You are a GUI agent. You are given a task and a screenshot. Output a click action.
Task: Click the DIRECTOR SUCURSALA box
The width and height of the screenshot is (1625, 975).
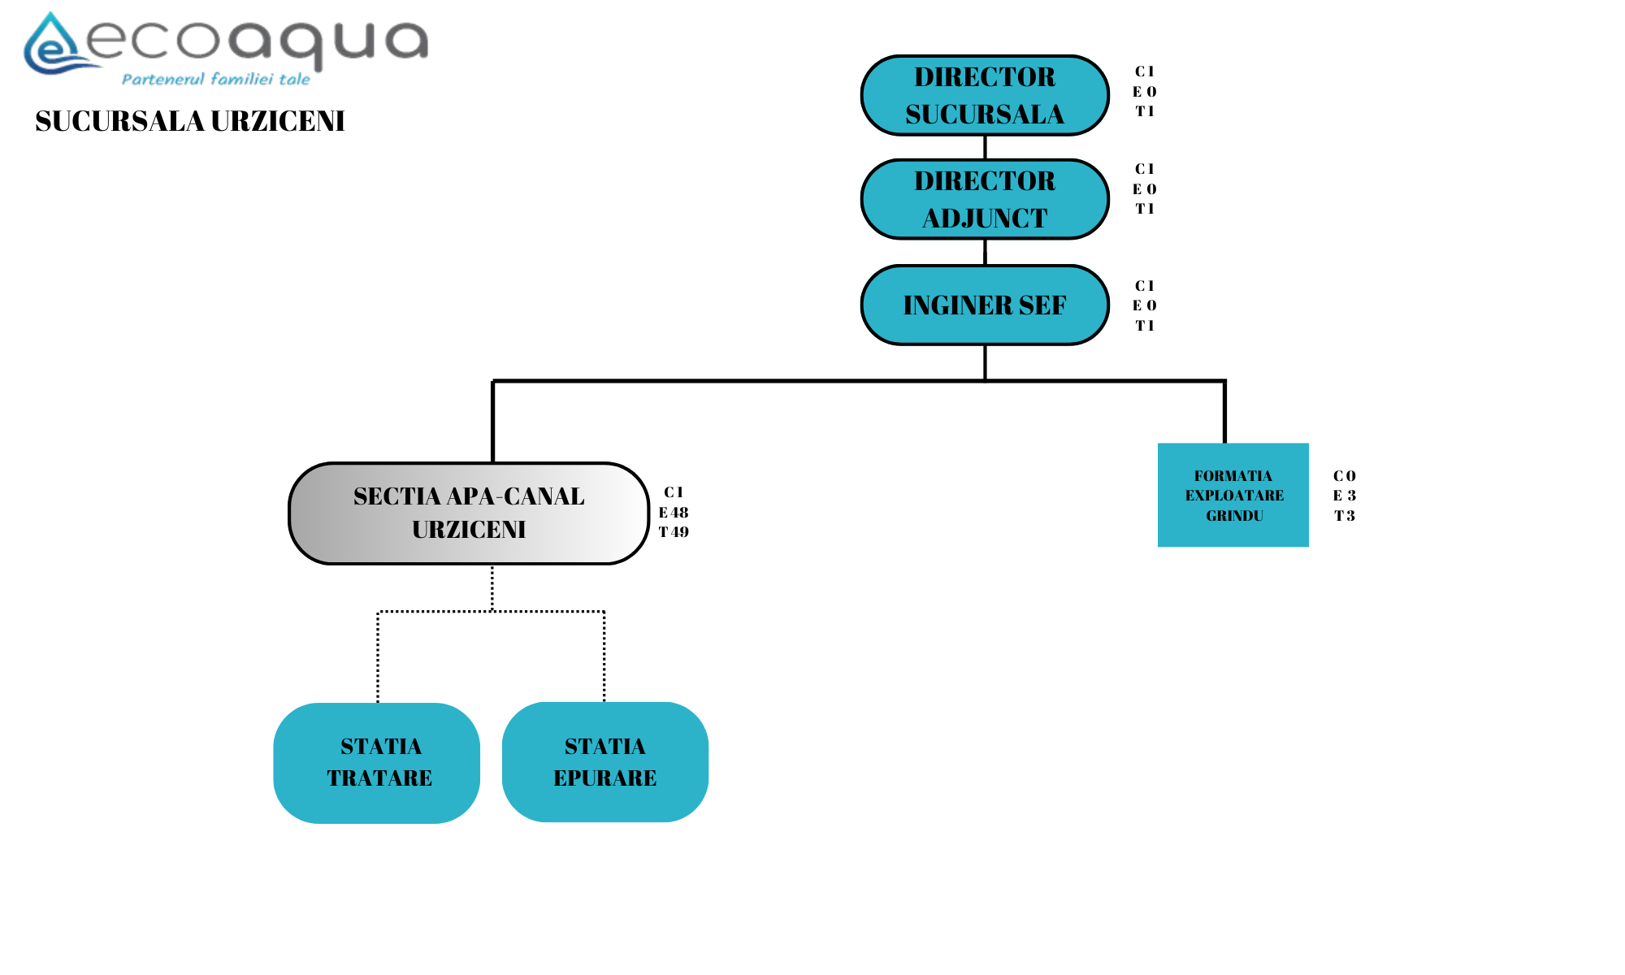[x=985, y=95]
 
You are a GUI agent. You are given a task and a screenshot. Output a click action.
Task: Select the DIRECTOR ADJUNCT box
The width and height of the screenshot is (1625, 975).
[x=985, y=199]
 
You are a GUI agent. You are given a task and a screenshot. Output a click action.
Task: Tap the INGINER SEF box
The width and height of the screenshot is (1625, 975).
[x=985, y=305]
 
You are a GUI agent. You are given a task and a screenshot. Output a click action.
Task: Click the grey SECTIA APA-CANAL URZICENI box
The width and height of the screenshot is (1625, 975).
[x=469, y=513]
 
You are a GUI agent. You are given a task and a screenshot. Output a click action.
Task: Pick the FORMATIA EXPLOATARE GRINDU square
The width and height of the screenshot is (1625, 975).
[x=1233, y=495]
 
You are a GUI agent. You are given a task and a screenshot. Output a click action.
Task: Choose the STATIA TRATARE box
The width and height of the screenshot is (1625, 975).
[x=377, y=763]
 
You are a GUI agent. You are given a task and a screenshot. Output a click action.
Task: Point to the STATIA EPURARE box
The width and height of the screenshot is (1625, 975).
[x=605, y=762]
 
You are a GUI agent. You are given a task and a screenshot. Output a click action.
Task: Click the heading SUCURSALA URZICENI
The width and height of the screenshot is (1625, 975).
[x=190, y=121]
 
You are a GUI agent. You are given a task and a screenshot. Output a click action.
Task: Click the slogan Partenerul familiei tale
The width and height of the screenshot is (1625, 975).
[x=216, y=79]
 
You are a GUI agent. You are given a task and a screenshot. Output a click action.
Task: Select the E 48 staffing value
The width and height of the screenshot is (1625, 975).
[x=674, y=513]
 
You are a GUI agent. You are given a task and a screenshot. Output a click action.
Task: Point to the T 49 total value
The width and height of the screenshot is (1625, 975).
[x=674, y=532]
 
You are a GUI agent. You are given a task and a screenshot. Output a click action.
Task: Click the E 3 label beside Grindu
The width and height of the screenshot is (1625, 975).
[x=1345, y=496]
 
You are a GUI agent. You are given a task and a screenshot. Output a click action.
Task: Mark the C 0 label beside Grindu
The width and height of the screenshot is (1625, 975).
[x=1345, y=476]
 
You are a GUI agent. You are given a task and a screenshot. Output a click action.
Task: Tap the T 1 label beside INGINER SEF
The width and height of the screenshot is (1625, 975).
[x=1145, y=326]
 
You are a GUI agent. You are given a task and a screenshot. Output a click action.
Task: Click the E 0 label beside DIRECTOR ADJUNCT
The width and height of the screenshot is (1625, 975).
[x=1145, y=189]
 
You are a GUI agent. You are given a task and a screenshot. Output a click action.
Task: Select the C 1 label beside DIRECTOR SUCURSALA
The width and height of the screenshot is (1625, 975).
[x=1145, y=71]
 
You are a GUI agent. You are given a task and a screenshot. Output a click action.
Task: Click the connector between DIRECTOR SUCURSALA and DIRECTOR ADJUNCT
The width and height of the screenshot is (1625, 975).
[x=985, y=147]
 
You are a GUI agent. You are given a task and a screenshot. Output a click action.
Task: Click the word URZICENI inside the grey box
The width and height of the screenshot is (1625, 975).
[x=469, y=530]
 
